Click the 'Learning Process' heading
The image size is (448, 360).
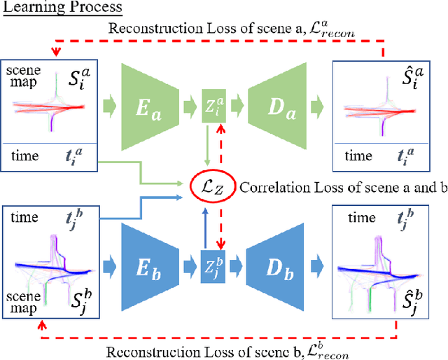click(x=62, y=8)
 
